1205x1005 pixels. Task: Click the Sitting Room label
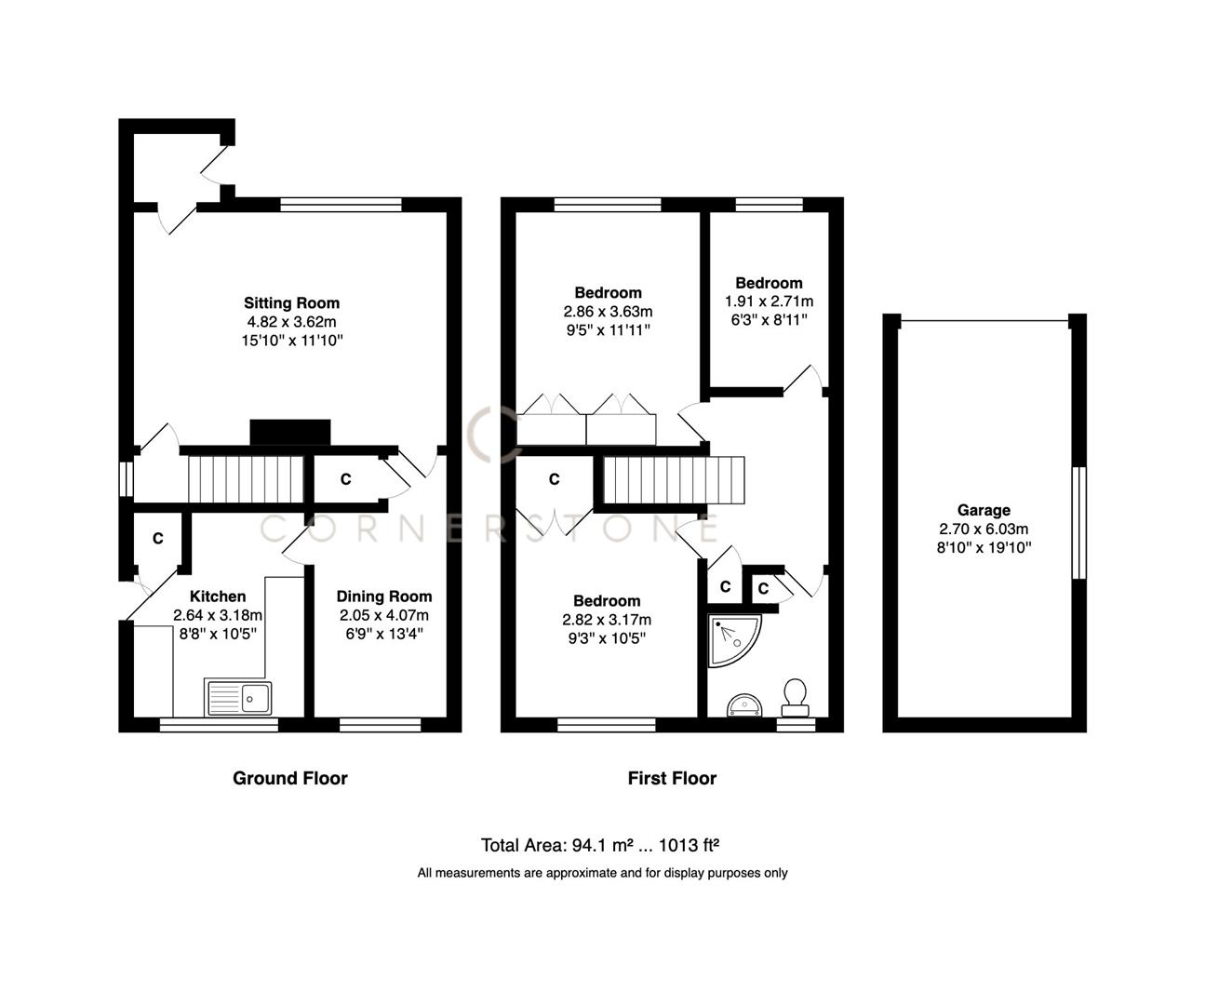tap(291, 302)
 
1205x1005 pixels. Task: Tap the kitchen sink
tap(238, 698)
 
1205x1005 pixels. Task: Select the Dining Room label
tap(383, 596)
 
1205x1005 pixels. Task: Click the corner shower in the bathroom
tap(732, 639)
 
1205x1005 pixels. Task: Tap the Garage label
tap(984, 510)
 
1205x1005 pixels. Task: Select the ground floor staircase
tap(248, 479)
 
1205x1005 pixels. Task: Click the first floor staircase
tap(675, 480)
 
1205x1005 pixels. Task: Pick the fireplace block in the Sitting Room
tap(290, 433)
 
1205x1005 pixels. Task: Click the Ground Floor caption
tap(289, 778)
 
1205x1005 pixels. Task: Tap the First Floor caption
tap(672, 778)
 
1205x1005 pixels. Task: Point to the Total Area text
tap(600, 845)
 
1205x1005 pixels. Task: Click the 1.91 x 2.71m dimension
tap(769, 301)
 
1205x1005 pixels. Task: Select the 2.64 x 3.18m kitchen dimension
tap(218, 615)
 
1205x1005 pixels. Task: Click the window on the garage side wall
tap(1079, 522)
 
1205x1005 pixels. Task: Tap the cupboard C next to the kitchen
tap(158, 539)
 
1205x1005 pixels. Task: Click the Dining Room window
tap(379, 724)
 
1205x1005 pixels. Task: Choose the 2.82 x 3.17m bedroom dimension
tap(607, 620)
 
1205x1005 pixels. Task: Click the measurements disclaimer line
tap(602, 873)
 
